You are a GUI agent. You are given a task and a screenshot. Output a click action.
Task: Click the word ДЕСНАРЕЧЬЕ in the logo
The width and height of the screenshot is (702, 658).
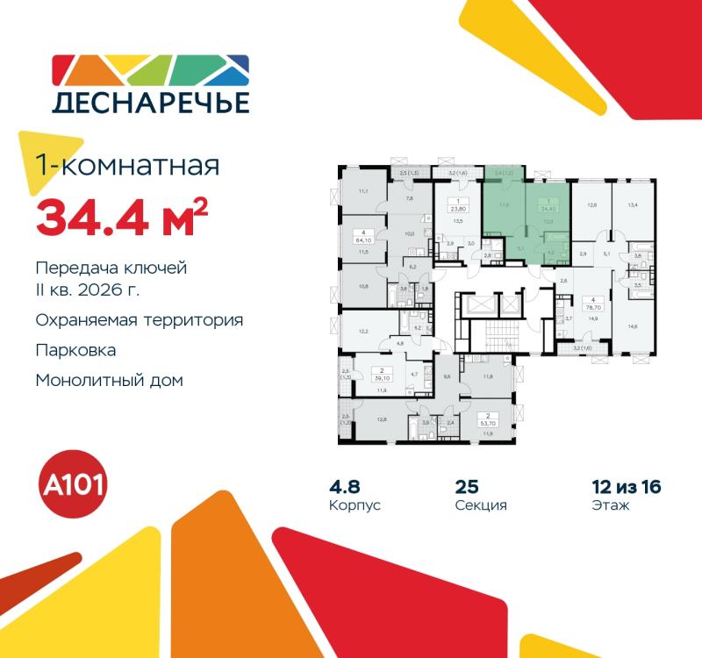pyautogui.click(x=151, y=102)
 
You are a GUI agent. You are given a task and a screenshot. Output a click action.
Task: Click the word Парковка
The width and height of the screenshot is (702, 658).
pyautogui.click(x=76, y=350)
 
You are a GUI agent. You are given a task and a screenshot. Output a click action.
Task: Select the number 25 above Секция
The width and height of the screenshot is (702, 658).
pyautogui.click(x=466, y=486)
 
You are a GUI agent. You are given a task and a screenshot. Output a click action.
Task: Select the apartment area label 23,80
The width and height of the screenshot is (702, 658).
pyautogui.click(x=457, y=210)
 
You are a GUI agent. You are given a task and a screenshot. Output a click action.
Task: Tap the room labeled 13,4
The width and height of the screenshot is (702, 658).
pyautogui.click(x=634, y=205)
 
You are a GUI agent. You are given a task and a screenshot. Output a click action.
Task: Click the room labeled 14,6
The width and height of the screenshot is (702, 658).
pyautogui.click(x=634, y=325)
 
